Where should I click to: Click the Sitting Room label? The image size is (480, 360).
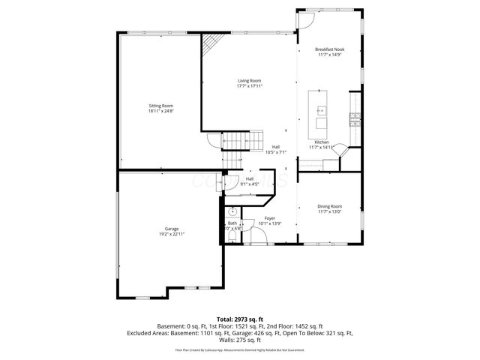point(160,106)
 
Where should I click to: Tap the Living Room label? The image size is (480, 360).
point(250,80)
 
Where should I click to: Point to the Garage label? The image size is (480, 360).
point(172,229)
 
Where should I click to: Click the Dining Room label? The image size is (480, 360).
point(329,206)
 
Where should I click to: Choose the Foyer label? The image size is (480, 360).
point(269,218)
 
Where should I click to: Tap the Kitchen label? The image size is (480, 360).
point(321,142)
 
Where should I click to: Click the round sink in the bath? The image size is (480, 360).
point(232,211)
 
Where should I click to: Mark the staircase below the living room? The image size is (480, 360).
point(235,140)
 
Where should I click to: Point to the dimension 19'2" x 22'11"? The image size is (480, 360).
point(172,235)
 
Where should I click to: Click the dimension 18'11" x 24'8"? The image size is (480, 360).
point(160,111)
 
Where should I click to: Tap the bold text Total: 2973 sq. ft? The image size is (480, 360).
point(239,319)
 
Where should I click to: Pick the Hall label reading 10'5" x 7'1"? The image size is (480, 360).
point(276,152)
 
